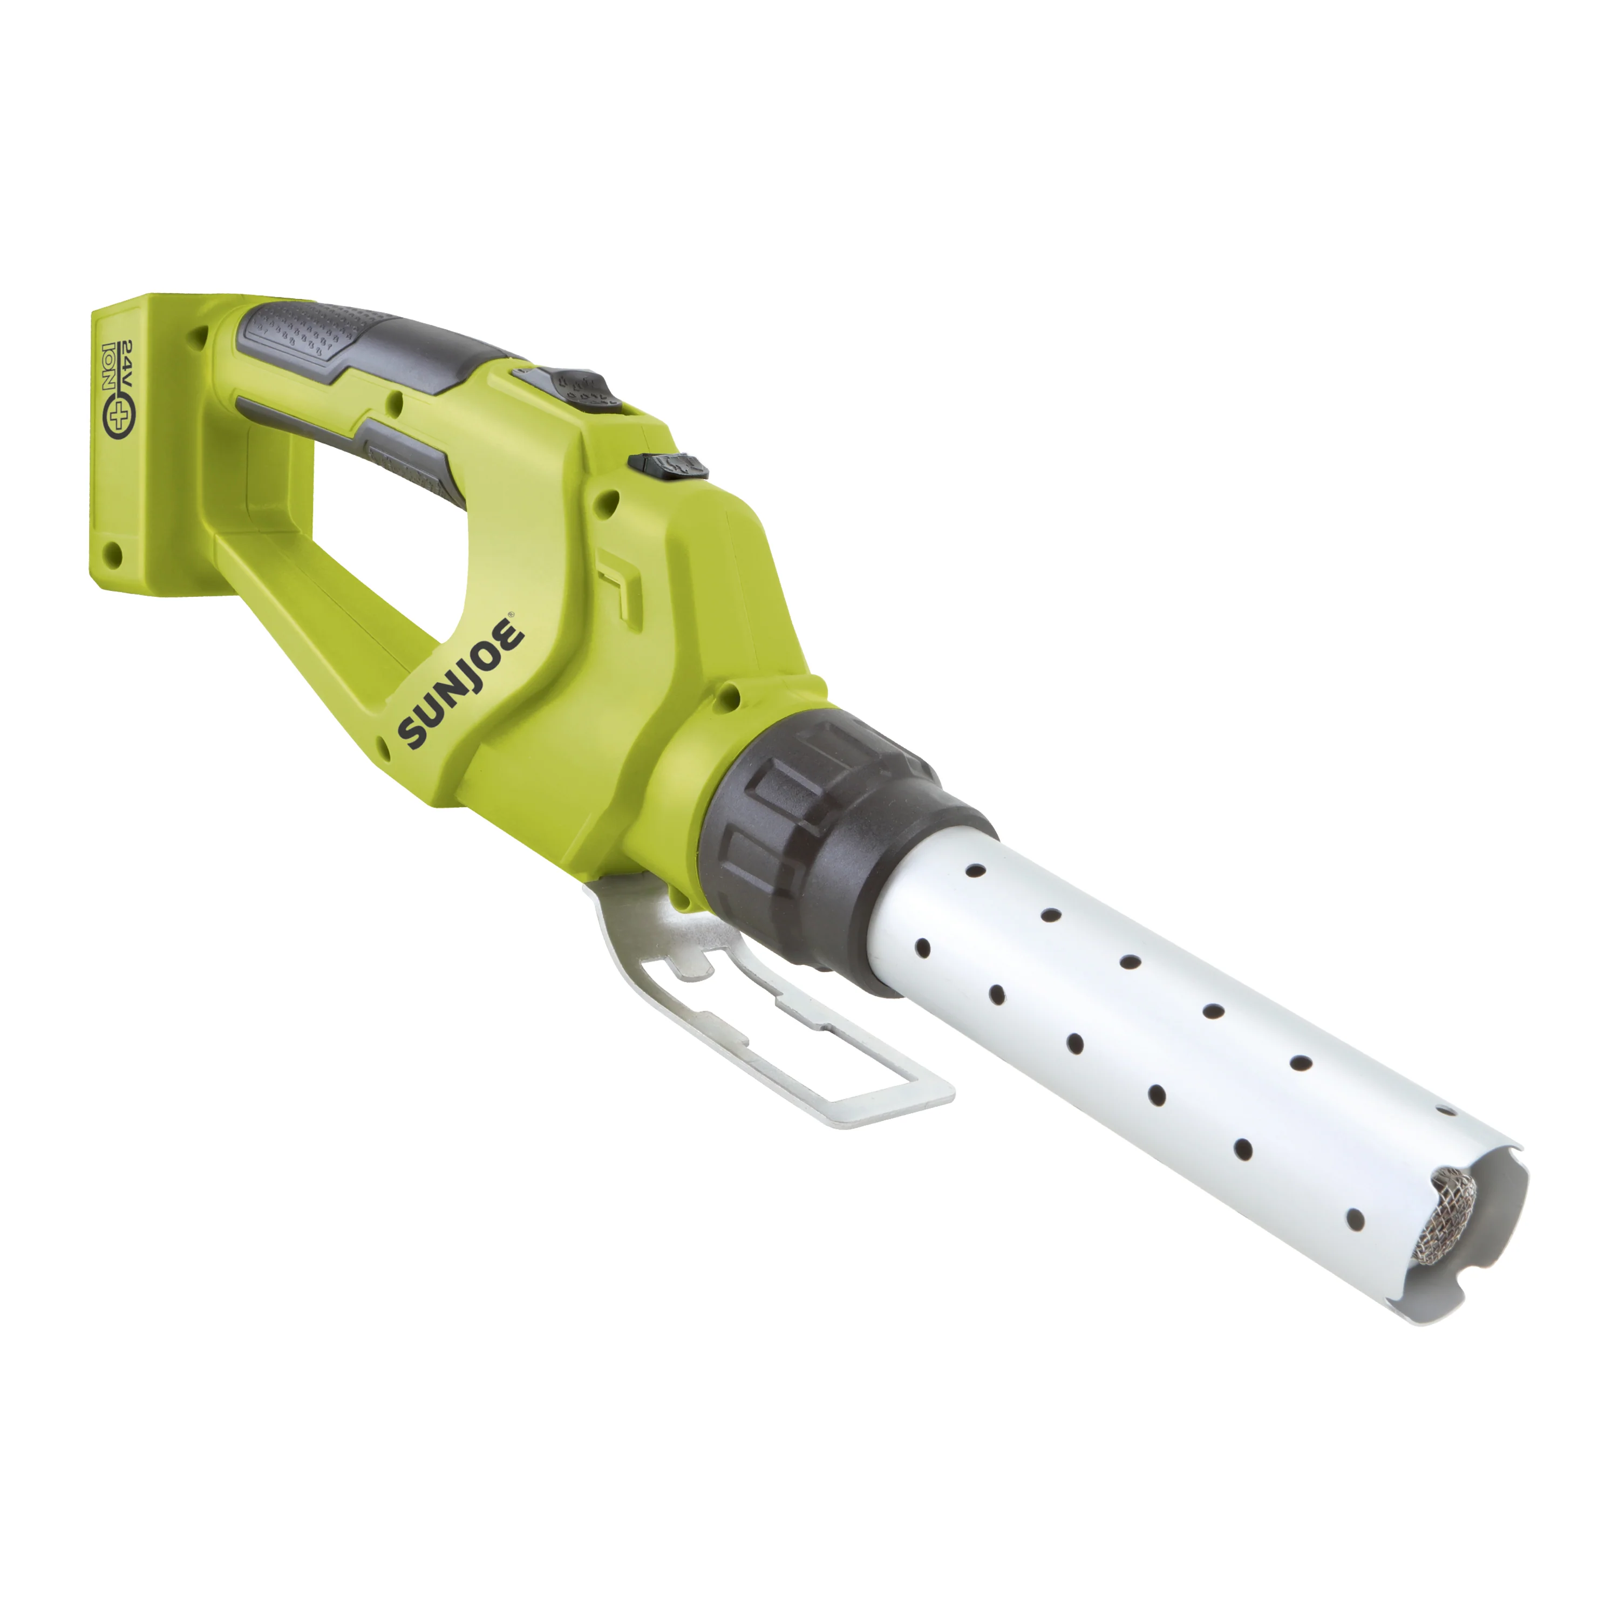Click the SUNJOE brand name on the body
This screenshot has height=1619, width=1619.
coord(462,681)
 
